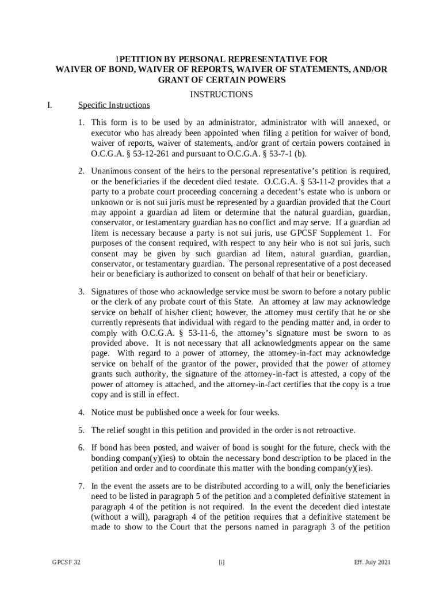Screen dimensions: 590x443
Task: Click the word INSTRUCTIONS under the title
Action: point(221,94)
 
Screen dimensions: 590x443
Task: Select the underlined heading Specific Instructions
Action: point(114,105)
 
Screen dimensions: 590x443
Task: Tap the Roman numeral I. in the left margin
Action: point(51,105)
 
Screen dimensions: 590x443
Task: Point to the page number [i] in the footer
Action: point(221,562)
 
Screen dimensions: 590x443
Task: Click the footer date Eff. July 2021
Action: point(373,562)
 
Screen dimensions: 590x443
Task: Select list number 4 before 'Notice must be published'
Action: point(82,412)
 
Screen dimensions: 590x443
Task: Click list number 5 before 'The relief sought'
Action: point(82,430)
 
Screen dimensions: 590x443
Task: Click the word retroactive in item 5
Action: point(335,430)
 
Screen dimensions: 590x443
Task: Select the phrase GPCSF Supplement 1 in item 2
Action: point(314,233)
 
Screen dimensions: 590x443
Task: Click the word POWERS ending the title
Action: point(266,80)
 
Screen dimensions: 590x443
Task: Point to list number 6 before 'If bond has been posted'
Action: point(82,448)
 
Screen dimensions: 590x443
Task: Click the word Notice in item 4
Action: point(103,412)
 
